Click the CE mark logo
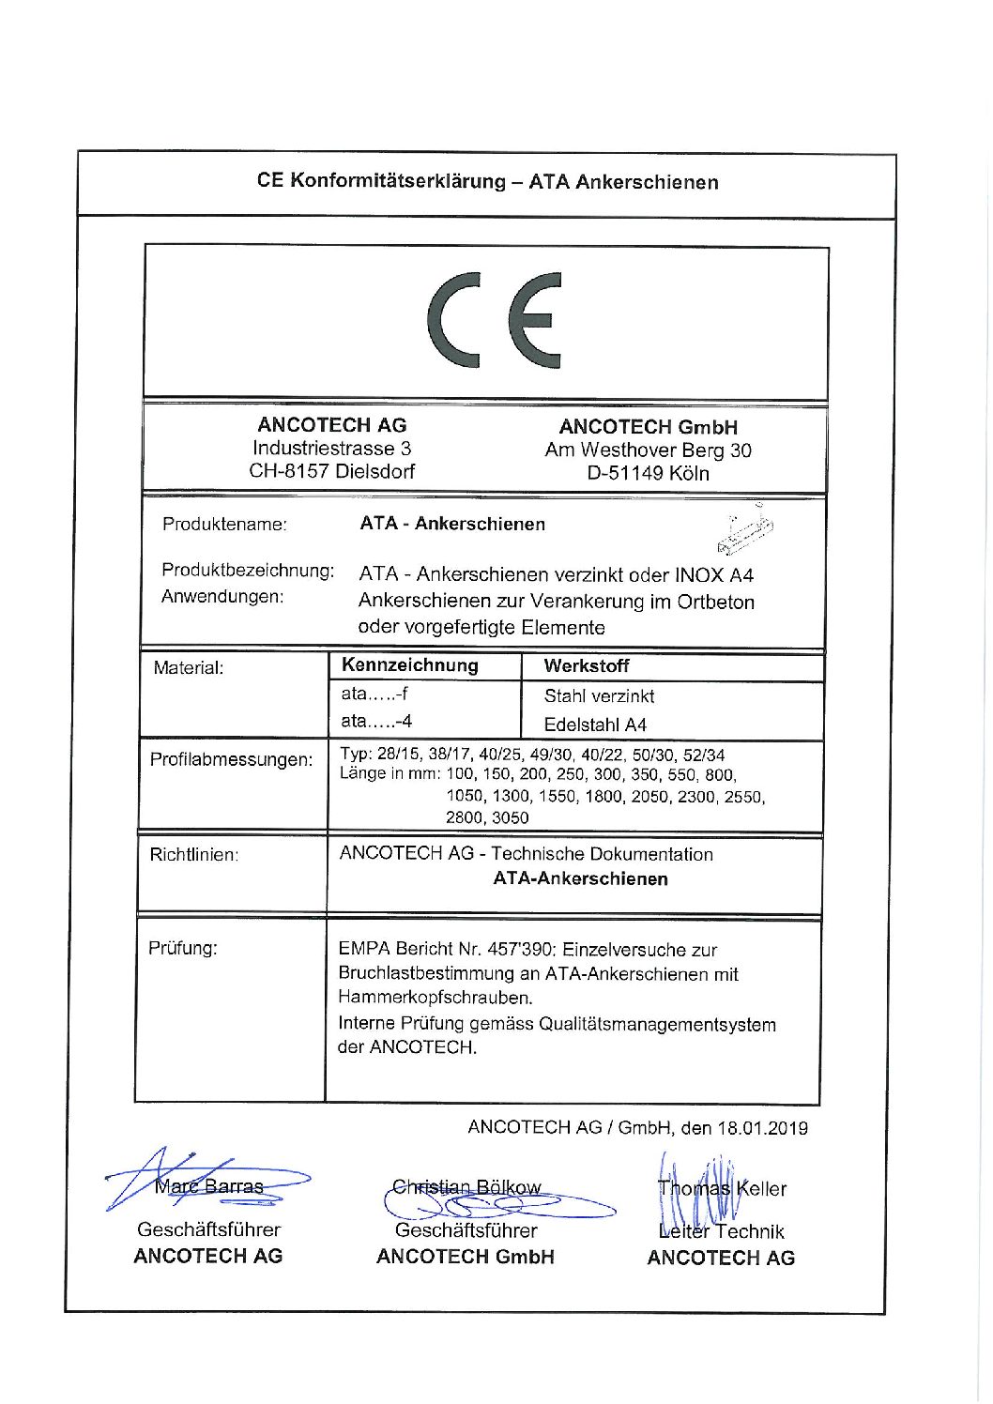tap(495, 320)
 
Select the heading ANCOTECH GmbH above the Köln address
tap(648, 427)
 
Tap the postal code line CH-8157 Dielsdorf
tap(331, 472)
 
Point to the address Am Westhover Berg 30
tap(648, 450)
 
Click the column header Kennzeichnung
tap(410, 665)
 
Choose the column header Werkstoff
tap(587, 666)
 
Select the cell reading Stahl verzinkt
tap(599, 696)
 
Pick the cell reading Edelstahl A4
tap(595, 725)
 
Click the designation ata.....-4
tap(376, 722)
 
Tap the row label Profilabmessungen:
tap(232, 759)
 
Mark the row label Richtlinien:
tap(194, 855)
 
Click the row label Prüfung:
tap(183, 948)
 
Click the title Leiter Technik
tap(721, 1231)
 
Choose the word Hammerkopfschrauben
tap(435, 998)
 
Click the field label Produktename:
tap(224, 525)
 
